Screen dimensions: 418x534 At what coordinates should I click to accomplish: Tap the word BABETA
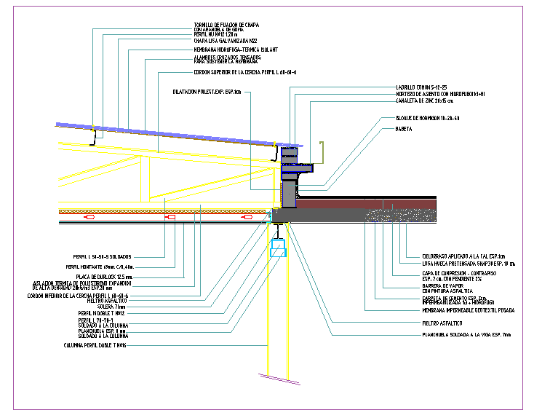(x=405, y=129)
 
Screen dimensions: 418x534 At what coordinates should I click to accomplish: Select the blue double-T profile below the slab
(x=278, y=250)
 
